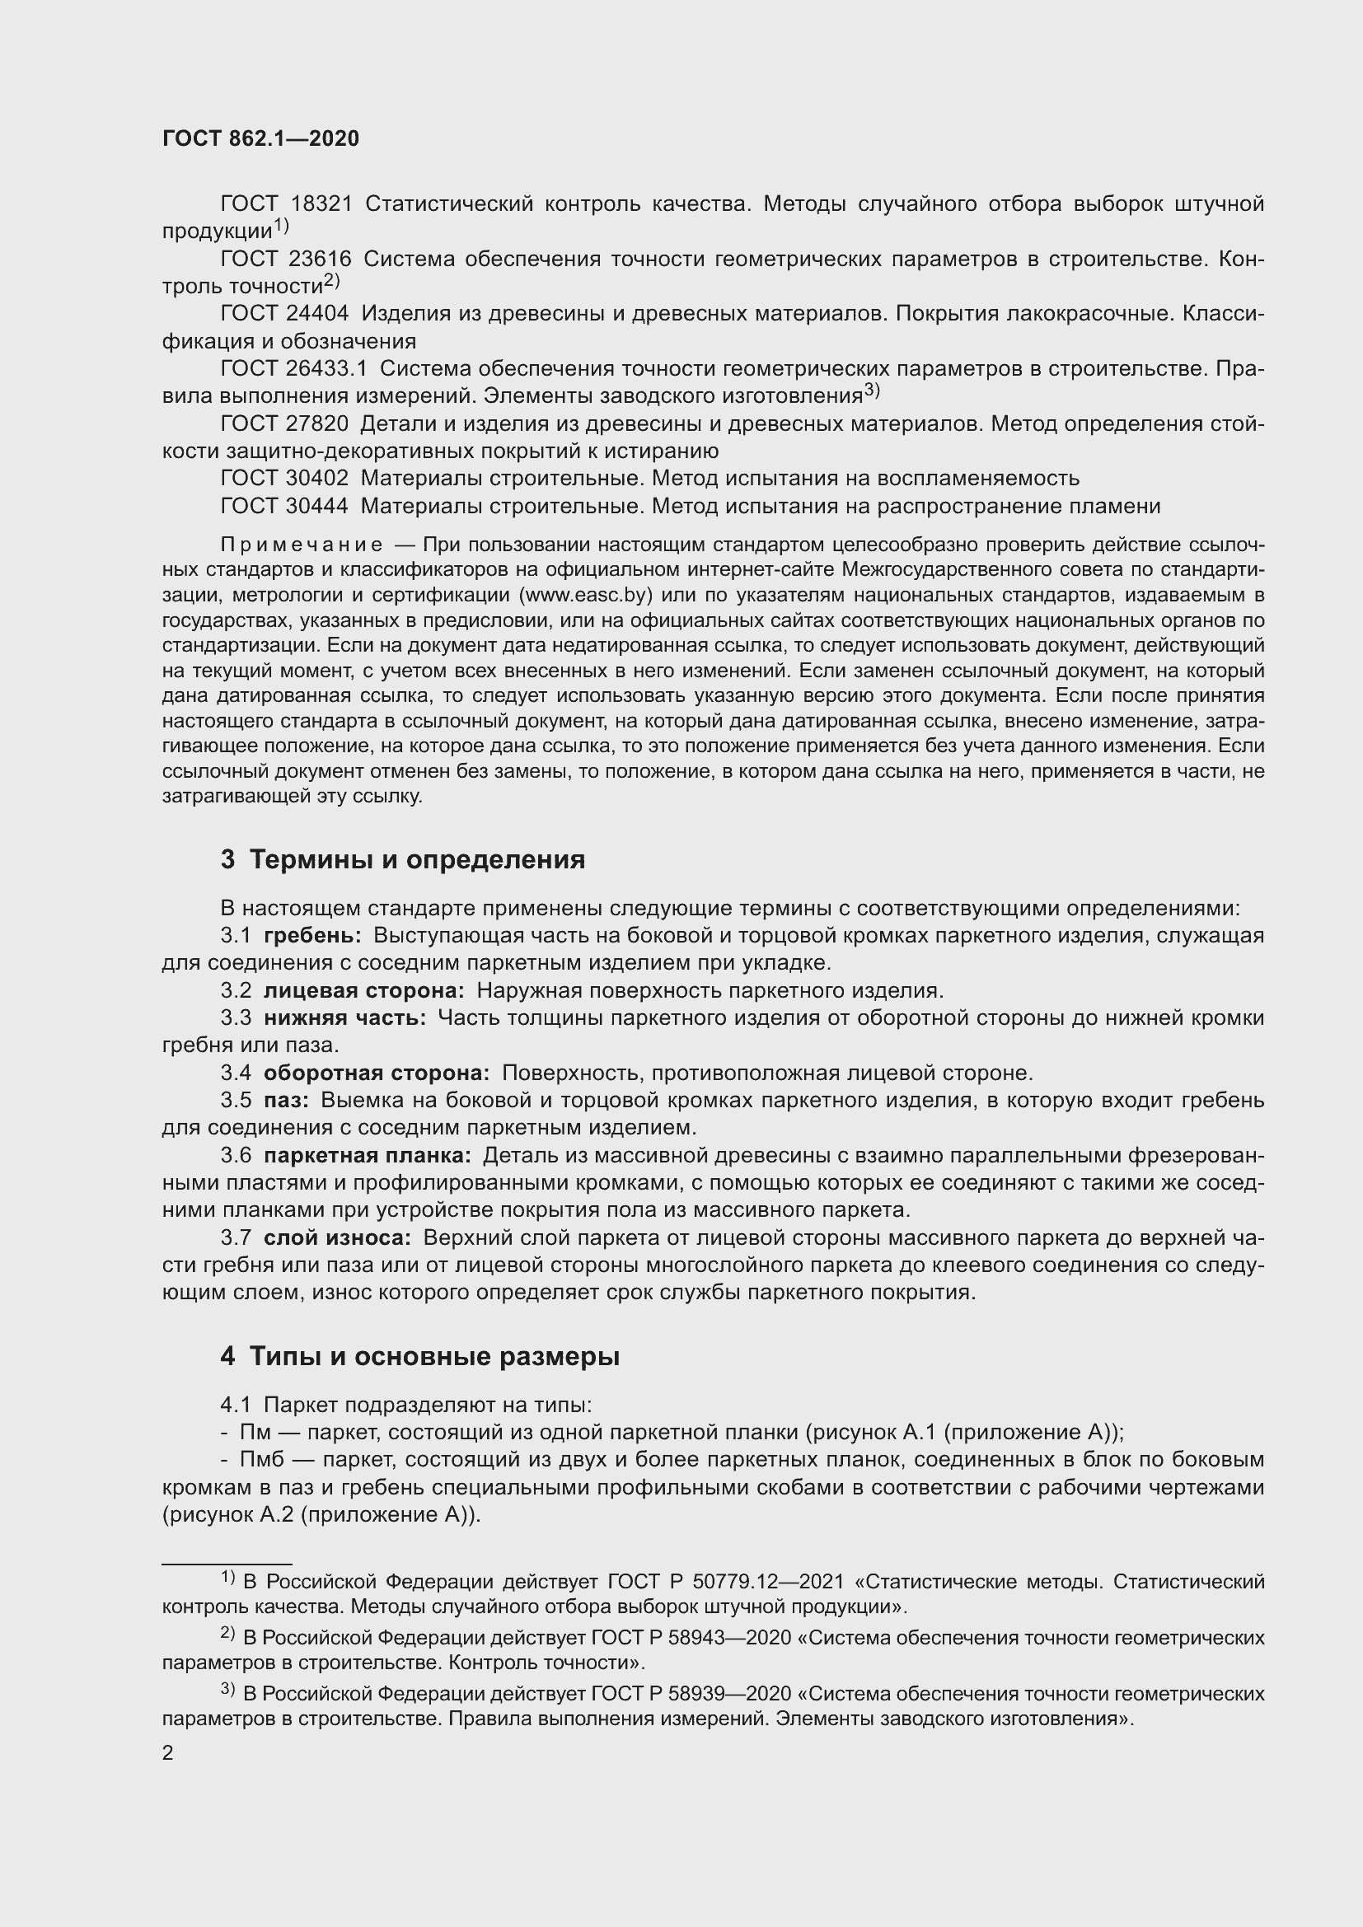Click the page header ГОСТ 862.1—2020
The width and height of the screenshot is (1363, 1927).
click(x=260, y=138)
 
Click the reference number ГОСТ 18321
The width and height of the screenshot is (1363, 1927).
click(x=285, y=204)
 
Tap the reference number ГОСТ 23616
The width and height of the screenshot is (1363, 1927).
click(x=285, y=260)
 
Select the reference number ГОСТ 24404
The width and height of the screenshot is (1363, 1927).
click(x=285, y=314)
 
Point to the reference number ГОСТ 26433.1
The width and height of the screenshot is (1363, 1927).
click(x=293, y=368)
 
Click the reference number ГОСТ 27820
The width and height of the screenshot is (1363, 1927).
click(x=285, y=423)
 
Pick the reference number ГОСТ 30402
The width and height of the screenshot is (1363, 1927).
click(x=285, y=479)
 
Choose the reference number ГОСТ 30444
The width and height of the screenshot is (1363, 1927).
click(x=285, y=506)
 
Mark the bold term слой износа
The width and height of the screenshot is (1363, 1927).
click(x=337, y=1237)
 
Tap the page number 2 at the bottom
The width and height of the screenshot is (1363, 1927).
click(x=168, y=1753)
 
